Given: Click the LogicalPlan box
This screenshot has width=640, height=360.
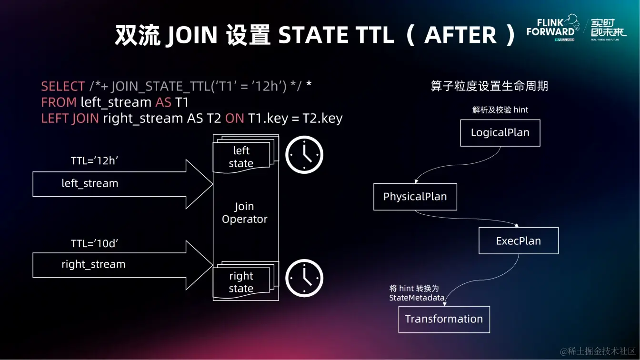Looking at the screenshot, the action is [x=500, y=133].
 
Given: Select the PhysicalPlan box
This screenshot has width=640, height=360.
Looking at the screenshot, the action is [x=415, y=197].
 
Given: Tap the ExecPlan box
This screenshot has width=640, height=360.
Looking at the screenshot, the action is [x=518, y=241].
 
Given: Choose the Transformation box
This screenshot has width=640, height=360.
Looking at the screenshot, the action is [x=444, y=319].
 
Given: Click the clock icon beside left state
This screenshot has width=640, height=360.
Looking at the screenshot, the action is [x=304, y=155].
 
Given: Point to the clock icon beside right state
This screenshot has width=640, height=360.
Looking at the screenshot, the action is [x=304, y=278].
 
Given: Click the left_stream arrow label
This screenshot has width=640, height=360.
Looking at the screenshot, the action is [x=90, y=183].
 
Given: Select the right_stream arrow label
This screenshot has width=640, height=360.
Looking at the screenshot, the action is [x=93, y=264].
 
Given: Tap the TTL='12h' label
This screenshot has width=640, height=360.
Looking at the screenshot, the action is [x=94, y=161].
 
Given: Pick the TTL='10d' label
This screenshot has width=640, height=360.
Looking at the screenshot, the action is [x=94, y=243].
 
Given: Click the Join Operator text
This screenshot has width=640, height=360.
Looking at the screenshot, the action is [x=245, y=213].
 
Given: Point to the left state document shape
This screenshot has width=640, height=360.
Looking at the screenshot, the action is [x=241, y=157].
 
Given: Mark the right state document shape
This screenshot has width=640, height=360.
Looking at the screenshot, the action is [x=241, y=282].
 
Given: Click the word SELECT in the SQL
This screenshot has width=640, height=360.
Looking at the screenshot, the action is [x=63, y=87].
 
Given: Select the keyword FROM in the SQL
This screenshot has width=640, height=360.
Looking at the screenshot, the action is [x=59, y=102].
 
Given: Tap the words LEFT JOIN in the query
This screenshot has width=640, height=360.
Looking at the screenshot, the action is [x=70, y=118].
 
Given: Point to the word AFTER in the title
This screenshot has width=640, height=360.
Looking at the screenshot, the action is [x=460, y=35].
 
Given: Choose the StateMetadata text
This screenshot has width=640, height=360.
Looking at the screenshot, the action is [x=417, y=298].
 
